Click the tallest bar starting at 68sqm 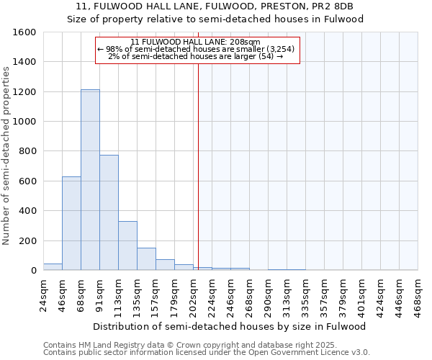coord(90,180)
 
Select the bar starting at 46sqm coord(71,223)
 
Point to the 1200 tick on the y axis coord(25,92)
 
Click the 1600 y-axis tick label coord(25,32)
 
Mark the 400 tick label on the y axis coord(28,211)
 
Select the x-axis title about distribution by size coord(230,326)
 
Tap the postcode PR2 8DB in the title coord(332,6)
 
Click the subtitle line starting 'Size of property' coord(215,19)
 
